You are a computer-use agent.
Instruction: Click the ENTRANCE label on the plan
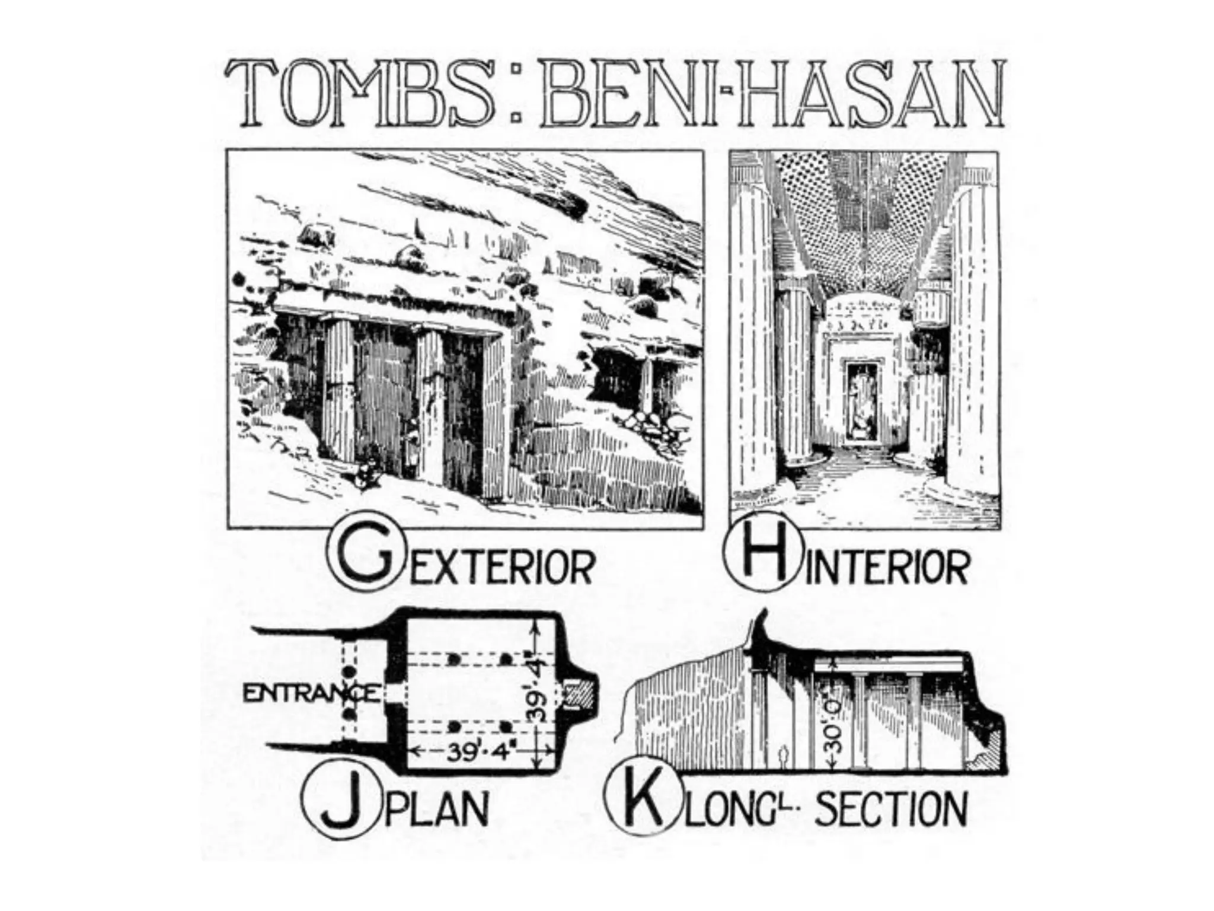point(311,693)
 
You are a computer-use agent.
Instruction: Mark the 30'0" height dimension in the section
point(836,721)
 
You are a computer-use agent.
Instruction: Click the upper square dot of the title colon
point(515,70)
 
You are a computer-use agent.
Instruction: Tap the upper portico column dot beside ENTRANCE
point(349,671)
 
